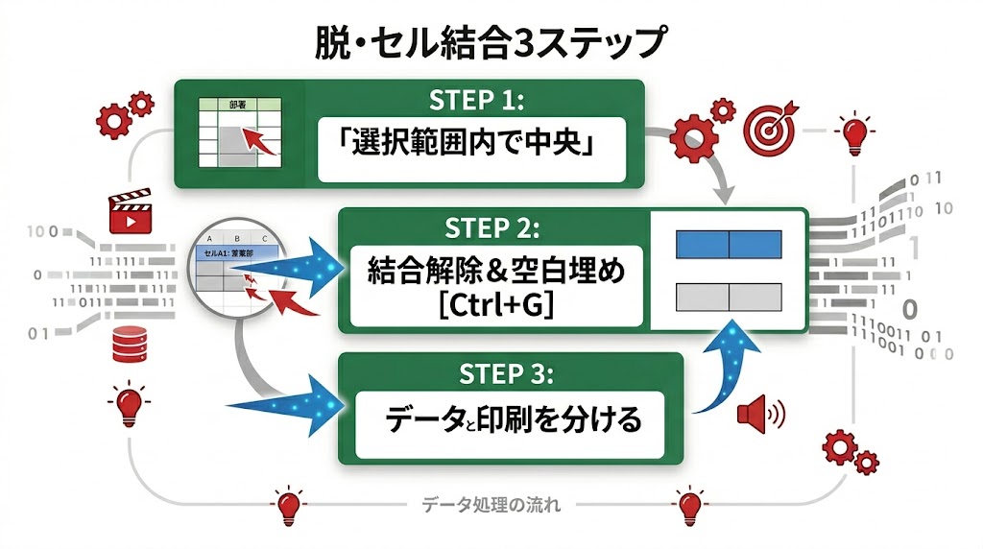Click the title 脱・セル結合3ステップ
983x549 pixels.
(491, 44)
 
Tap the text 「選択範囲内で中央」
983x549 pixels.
(470, 149)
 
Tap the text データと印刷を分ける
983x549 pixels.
(510, 420)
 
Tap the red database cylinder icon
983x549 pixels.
(128, 343)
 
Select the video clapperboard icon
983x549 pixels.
(128, 213)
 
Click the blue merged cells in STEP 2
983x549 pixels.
(729, 245)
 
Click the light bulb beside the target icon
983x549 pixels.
(853, 132)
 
